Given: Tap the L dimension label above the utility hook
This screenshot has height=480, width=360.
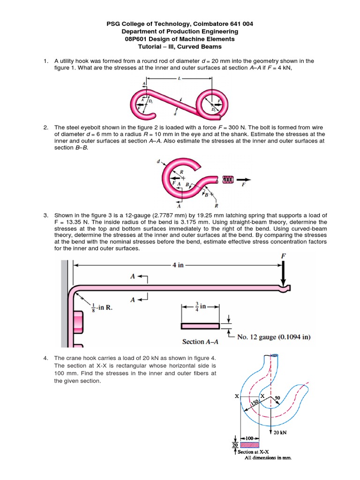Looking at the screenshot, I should coord(180,79).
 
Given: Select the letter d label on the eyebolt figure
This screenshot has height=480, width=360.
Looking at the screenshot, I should coord(158,162).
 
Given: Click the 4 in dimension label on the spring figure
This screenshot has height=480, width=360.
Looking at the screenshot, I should coord(179,265).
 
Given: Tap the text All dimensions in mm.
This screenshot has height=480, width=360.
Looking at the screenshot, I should coord(269,458).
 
